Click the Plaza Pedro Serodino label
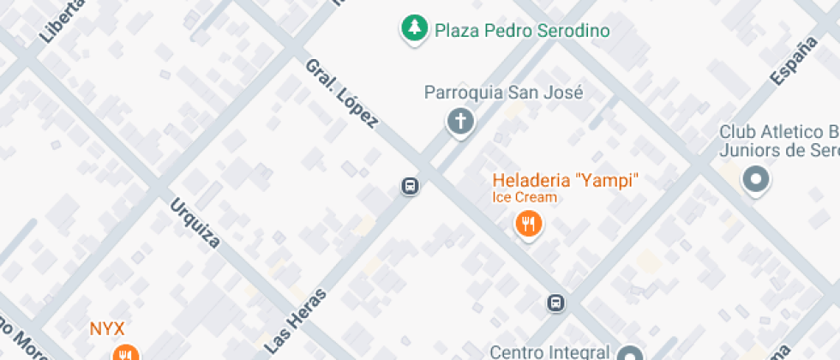(x=522, y=31)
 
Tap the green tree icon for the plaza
(x=415, y=28)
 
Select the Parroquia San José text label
(x=504, y=93)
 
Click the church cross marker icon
(x=460, y=121)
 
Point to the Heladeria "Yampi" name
(x=566, y=180)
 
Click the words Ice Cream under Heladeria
(x=524, y=197)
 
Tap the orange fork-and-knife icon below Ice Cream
(x=528, y=225)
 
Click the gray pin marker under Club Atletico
(x=756, y=180)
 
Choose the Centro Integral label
(x=549, y=351)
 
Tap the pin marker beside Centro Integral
(x=631, y=354)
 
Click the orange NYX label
(x=108, y=328)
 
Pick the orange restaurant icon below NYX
(x=125, y=353)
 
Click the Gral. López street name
(x=341, y=94)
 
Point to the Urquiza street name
(x=195, y=223)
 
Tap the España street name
(x=792, y=62)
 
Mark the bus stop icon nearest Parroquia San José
(x=410, y=186)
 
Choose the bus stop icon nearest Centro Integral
(x=556, y=303)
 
